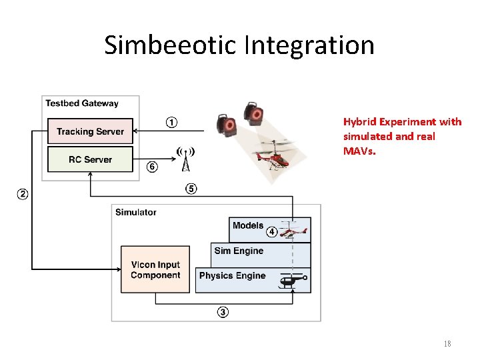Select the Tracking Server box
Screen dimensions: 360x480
point(90,131)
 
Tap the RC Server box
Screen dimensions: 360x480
point(90,159)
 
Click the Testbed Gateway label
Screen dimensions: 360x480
point(81,103)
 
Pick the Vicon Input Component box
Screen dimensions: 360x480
point(155,269)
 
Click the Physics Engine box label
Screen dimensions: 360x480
point(232,275)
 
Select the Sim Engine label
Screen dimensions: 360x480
point(238,251)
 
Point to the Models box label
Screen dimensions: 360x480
point(247,225)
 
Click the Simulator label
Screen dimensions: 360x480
point(135,212)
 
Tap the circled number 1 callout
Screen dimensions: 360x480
point(171,122)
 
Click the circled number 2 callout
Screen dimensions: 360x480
point(22,194)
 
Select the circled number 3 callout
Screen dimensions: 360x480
point(223,311)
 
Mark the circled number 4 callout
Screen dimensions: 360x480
point(271,232)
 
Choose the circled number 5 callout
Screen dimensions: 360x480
point(191,189)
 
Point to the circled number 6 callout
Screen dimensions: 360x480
point(152,167)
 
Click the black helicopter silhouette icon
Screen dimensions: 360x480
point(293,282)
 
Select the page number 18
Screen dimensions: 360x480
point(447,344)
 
